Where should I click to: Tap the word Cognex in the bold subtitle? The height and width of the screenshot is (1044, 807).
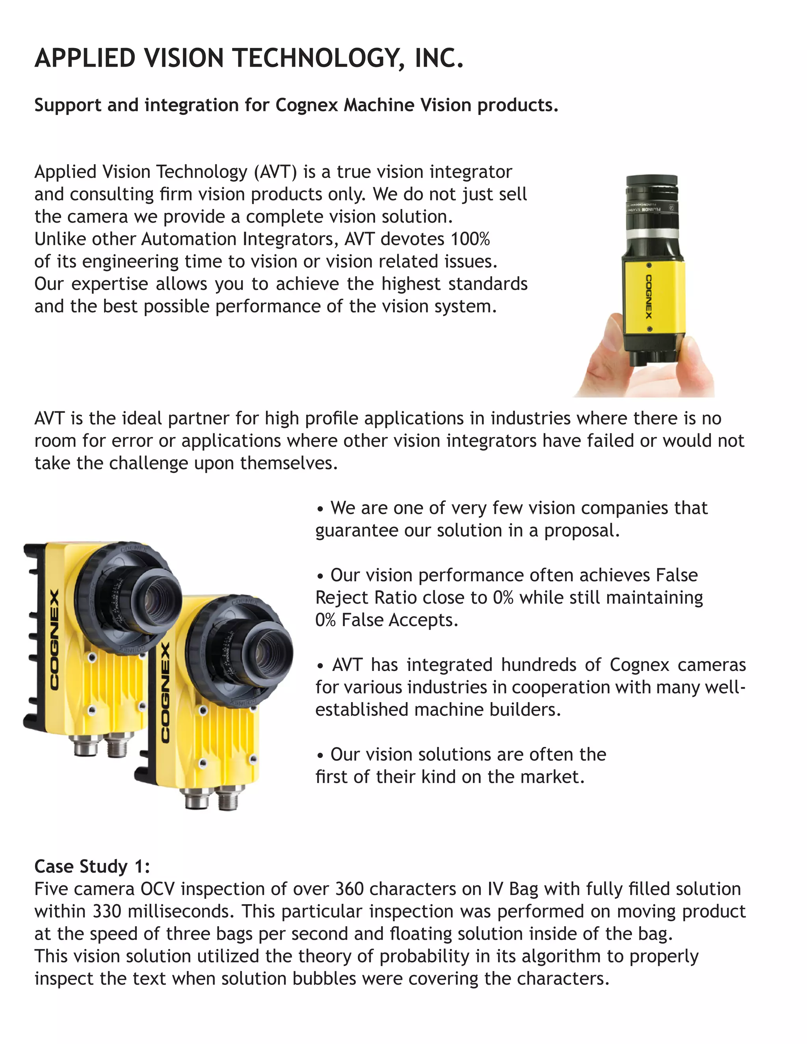click(307, 105)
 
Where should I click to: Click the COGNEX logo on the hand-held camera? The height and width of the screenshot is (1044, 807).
click(649, 296)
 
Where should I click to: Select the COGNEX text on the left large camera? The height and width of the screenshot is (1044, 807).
click(54, 641)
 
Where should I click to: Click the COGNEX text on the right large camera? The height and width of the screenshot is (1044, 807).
click(165, 693)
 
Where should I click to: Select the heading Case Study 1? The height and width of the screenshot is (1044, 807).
click(92, 866)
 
